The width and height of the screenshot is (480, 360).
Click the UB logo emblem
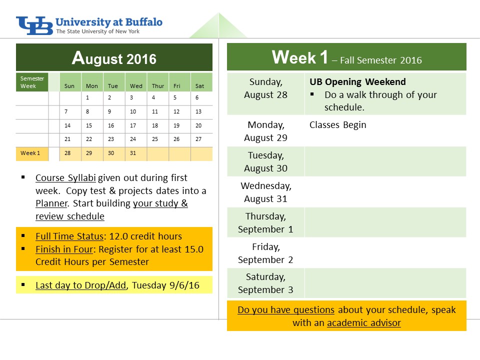tap(34, 25)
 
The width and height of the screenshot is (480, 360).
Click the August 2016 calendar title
tap(114, 58)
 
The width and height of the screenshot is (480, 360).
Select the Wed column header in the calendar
tap(136, 86)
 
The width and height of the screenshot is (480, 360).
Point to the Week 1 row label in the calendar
tap(30, 153)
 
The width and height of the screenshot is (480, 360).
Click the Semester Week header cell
tap(32, 82)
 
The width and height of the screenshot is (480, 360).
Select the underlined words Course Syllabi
tap(65, 178)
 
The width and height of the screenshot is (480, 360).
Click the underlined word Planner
tap(51, 203)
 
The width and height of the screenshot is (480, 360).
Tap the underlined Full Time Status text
tap(69, 236)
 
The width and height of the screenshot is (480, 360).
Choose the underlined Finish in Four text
tap(64, 249)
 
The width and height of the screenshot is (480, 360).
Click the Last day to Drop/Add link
tap(81, 285)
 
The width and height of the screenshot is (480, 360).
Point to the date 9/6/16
tap(184, 285)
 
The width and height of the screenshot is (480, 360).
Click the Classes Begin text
tap(337, 125)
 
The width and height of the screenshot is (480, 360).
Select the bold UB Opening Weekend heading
tap(357, 81)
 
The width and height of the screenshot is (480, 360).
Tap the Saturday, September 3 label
tap(265, 283)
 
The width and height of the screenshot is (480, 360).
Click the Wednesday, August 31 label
tap(265, 192)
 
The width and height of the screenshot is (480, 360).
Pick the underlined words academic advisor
tap(364, 323)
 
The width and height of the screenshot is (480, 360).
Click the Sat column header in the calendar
tap(199, 86)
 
